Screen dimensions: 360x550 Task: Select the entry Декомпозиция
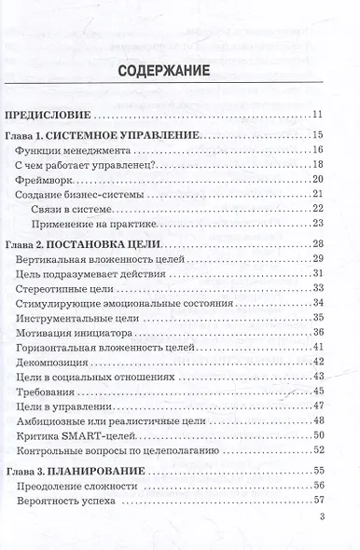click(x=54, y=362)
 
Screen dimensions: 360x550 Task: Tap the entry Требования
click(x=48, y=391)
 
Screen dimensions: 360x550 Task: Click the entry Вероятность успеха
click(x=66, y=502)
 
